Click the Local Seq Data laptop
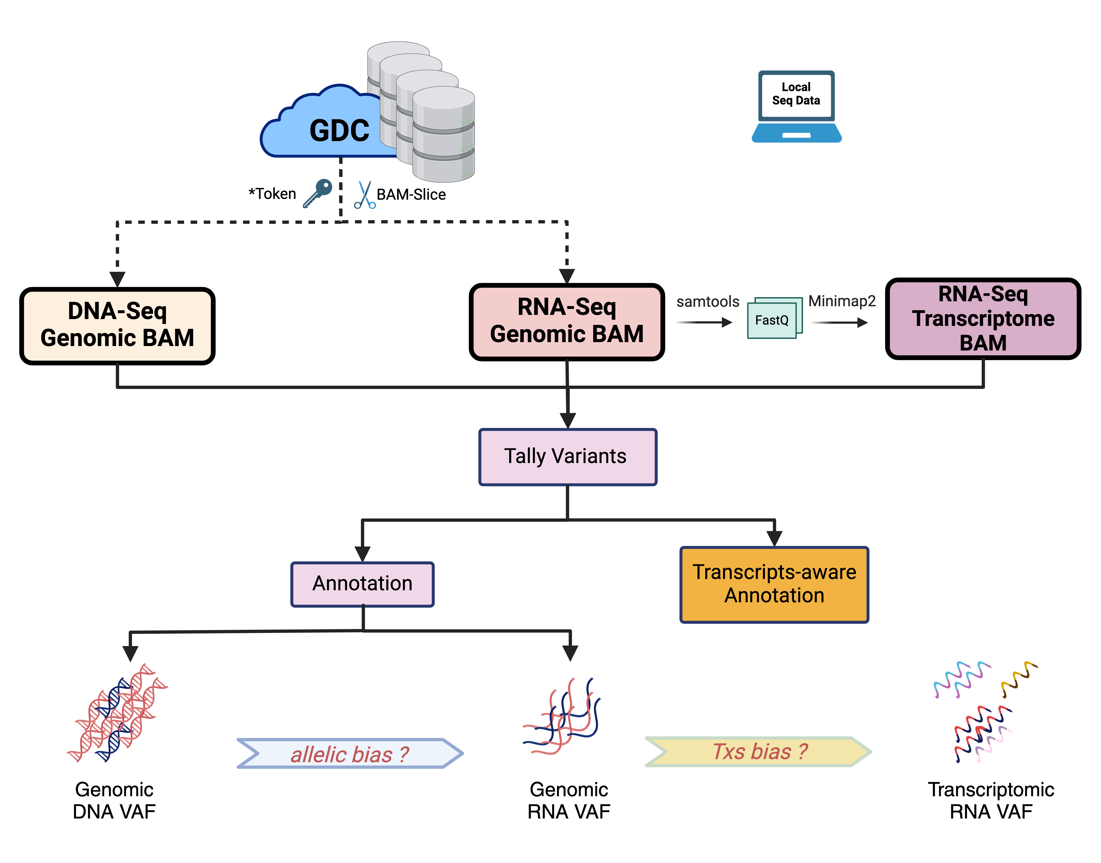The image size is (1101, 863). click(x=796, y=106)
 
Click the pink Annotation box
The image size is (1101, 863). click(x=362, y=584)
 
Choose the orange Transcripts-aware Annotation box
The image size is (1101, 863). click(x=774, y=584)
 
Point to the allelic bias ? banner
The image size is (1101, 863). click(x=350, y=753)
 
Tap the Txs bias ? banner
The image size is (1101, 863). click(x=759, y=751)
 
